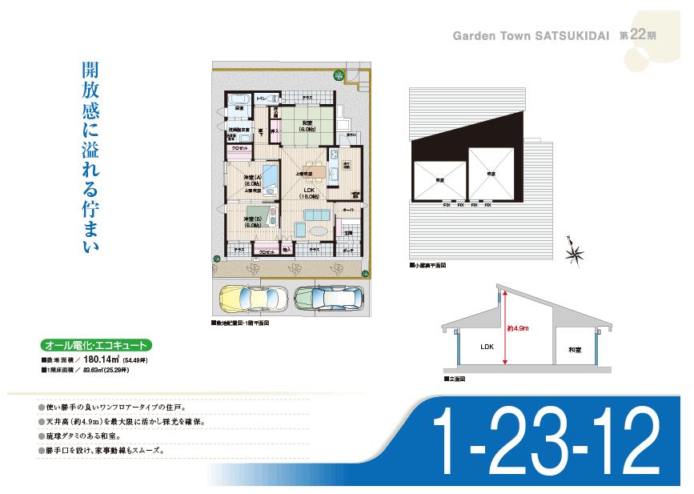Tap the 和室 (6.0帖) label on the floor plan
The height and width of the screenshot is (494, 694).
coord(307,125)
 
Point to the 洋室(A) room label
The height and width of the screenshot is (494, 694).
coord(252,181)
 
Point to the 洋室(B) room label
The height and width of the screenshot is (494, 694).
coord(252,222)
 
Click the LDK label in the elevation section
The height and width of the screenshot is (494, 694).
coord(487,348)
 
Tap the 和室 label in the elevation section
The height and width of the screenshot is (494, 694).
coord(574,350)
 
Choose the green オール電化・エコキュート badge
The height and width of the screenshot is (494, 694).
coord(95,346)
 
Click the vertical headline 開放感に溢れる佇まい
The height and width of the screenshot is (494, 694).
coord(90,157)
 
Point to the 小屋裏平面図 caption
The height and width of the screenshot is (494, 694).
coord(430,264)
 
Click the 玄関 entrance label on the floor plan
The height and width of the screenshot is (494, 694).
coord(348,232)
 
